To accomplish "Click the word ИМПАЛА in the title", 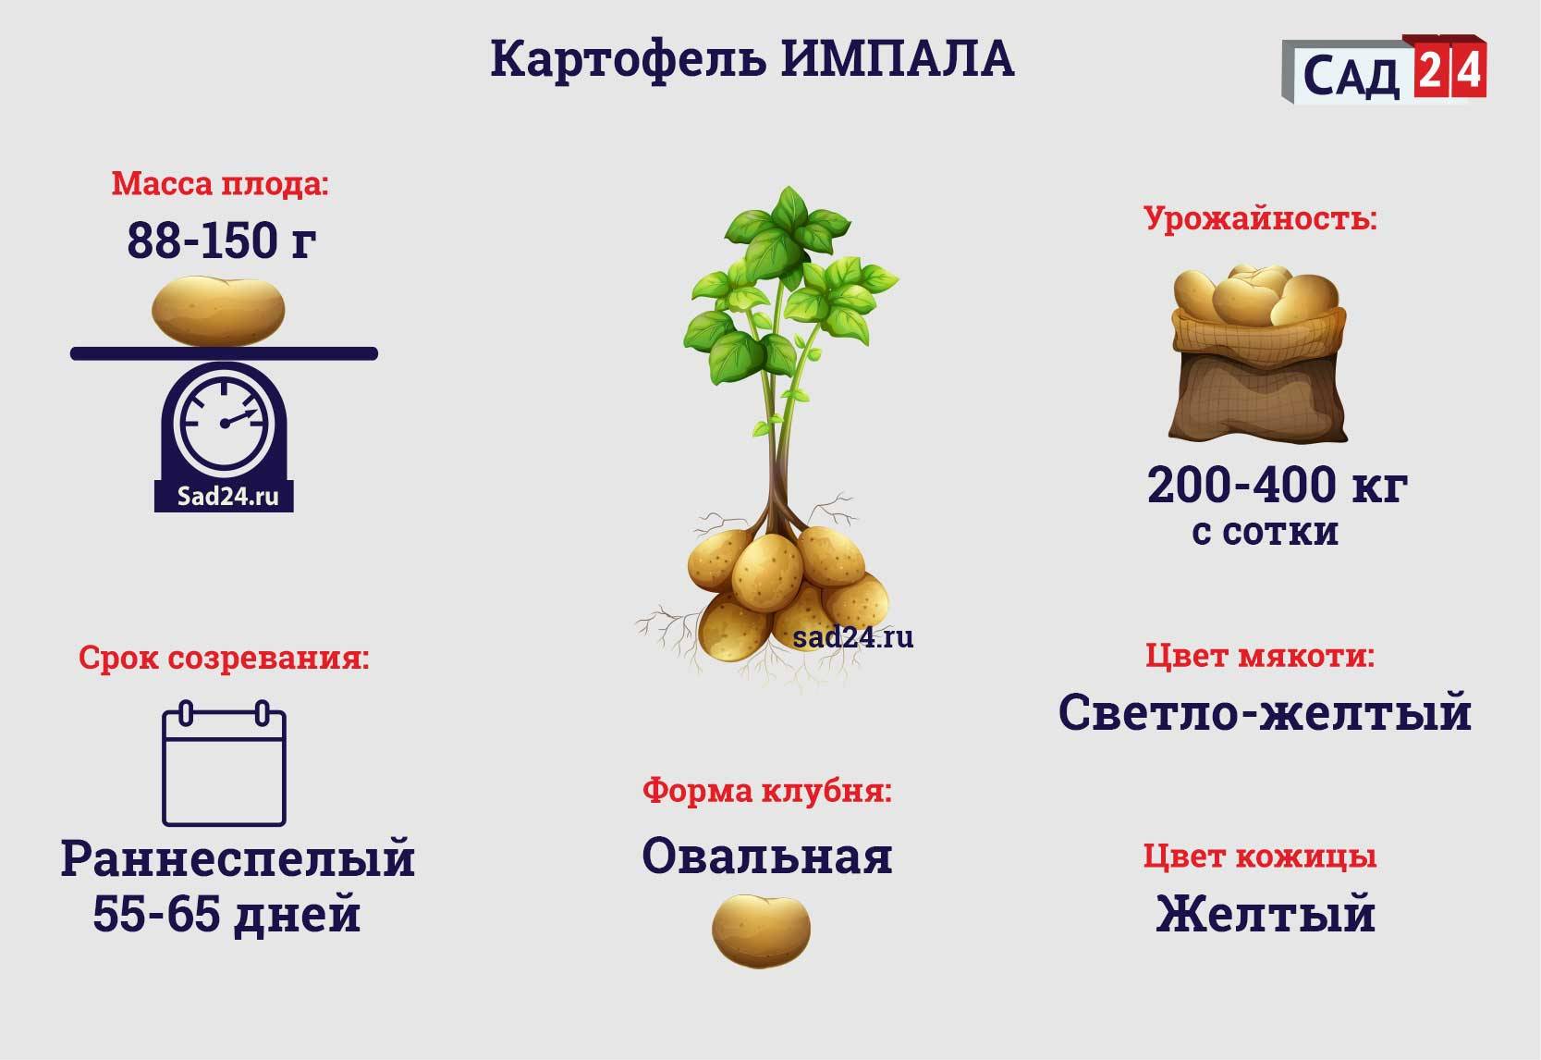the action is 897,59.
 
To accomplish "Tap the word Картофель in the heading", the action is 628,61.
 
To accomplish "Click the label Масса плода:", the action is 220,184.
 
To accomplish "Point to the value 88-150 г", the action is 222,240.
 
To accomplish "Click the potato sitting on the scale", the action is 218,311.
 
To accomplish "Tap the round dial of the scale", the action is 225,424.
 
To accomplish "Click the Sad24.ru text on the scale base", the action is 227,497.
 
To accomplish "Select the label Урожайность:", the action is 1260,219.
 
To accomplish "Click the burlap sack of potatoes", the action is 1258,353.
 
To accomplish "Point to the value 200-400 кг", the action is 1278,486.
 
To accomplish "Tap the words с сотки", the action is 1266,532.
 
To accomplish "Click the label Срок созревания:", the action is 224,658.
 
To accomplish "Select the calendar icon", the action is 225,763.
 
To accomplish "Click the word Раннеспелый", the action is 238,859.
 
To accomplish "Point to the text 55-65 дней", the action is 227,915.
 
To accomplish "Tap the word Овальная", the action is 767,857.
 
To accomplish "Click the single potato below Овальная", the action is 761,931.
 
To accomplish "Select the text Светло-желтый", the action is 1265,712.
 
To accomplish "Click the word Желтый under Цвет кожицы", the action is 1266,914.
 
